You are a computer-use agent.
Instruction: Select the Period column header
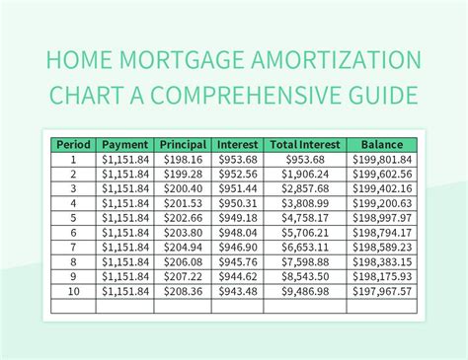click(73, 144)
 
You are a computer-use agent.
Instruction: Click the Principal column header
click(184, 144)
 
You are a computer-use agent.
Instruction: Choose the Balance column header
click(381, 144)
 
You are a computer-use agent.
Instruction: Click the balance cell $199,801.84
click(381, 159)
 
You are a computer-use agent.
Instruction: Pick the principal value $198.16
click(184, 159)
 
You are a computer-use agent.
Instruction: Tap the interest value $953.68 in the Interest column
click(238, 159)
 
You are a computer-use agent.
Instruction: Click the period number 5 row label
click(73, 218)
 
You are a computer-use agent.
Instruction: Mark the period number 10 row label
click(73, 292)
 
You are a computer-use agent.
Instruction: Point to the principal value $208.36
click(184, 292)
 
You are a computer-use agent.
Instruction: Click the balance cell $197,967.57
click(381, 292)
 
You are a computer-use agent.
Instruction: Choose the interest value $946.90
click(238, 248)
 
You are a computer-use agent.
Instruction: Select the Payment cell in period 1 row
click(125, 159)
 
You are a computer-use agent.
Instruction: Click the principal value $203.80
click(184, 233)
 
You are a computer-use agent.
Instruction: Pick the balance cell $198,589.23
click(381, 248)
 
